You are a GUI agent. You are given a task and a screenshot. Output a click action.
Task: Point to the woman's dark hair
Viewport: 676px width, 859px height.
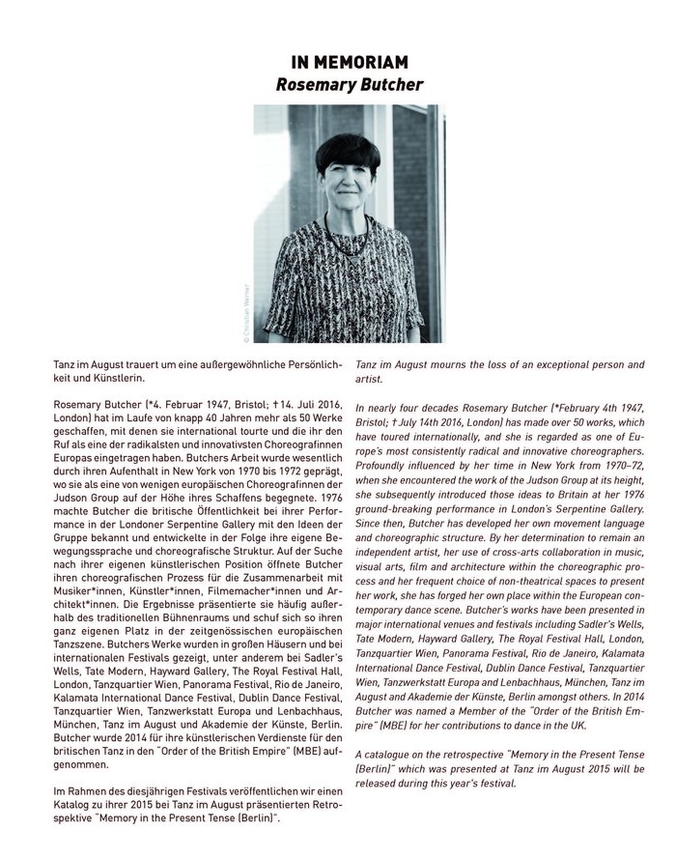[347, 152]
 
